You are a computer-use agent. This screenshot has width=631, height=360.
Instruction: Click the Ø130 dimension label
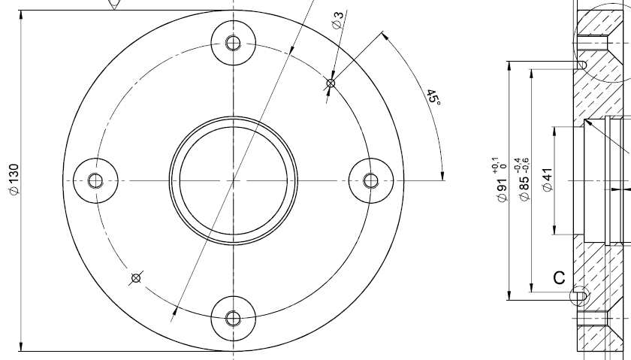(x=14, y=180)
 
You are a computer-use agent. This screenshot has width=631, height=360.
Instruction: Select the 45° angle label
(x=433, y=98)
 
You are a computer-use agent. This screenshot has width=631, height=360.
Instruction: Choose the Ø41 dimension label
(x=548, y=180)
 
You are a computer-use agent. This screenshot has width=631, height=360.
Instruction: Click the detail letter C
(x=559, y=278)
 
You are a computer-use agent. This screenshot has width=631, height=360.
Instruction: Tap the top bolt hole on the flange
(x=234, y=42)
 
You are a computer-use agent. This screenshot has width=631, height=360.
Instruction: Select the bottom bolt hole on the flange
(x=234, y=319)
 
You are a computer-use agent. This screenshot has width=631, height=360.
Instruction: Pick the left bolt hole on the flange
(x=95, y=180)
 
